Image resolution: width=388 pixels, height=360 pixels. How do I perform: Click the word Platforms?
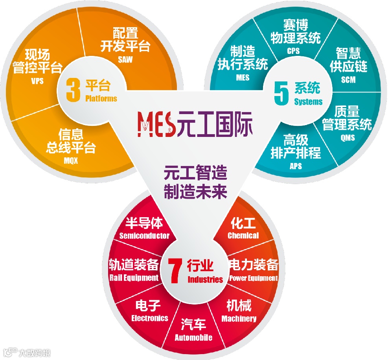pos(101,98)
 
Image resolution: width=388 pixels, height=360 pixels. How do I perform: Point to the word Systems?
pos(308,102)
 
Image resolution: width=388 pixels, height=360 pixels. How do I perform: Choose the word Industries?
pos(205,280)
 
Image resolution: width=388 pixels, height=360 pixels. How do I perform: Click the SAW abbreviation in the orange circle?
pos(125,60)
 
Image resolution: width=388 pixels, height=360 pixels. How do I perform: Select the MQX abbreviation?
pos(71,161)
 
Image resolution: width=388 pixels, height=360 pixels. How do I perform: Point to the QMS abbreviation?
pos(348,137)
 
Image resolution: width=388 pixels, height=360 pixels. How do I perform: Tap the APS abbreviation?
pos(296,166)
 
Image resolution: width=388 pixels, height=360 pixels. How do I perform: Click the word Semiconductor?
pos(144,236)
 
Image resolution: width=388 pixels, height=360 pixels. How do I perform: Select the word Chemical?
pos(243,235)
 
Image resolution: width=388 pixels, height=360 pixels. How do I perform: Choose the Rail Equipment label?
pos(134,278)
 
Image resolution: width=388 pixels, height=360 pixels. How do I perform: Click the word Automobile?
pos(193,338)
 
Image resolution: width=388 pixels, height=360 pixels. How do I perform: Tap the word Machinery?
pos(239,319)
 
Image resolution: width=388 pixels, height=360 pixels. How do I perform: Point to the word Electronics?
pos(150,318)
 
